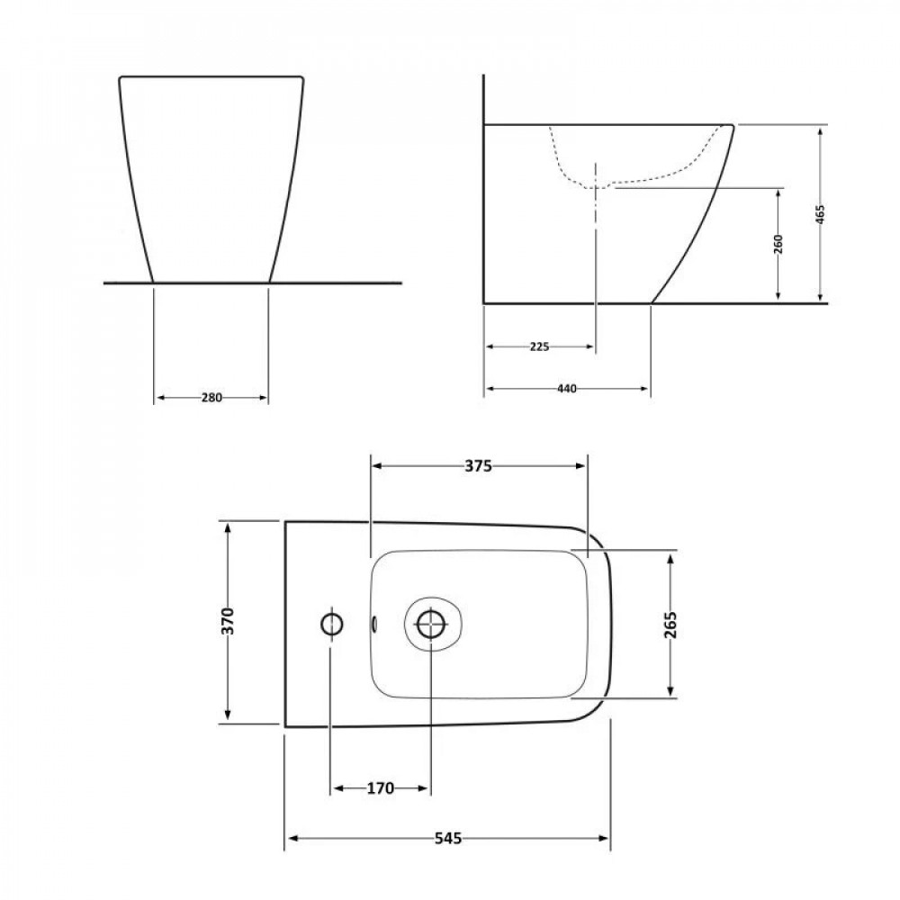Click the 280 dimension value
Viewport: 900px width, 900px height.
211,397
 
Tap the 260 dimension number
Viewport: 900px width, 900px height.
778,244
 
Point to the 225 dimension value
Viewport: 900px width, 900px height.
540,346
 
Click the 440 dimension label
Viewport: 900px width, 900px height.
566,389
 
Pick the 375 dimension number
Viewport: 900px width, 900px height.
478,465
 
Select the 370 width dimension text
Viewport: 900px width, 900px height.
228,621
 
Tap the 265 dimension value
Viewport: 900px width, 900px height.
671,625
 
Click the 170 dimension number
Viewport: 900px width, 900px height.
380,788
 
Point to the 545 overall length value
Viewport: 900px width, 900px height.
447,838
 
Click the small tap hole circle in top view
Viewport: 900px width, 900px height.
331,623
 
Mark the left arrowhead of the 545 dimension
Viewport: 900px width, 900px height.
291,839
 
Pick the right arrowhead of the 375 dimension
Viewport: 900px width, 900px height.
581,465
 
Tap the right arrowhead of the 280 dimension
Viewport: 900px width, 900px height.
264,397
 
